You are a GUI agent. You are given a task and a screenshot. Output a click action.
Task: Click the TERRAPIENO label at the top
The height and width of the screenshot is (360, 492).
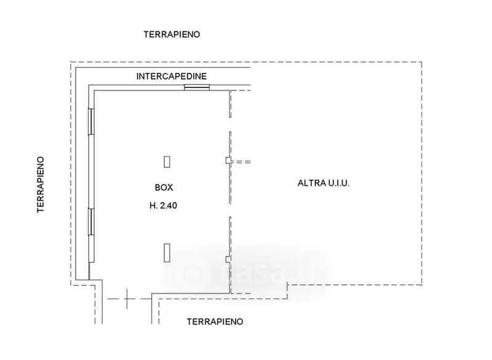(172, 34)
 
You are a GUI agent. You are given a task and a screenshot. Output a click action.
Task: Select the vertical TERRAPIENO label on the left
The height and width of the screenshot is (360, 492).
(41, 183)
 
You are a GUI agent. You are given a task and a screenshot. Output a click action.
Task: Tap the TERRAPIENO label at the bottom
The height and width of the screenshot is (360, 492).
(215, 321)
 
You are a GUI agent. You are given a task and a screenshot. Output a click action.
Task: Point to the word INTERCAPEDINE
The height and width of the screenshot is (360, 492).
(172, 76)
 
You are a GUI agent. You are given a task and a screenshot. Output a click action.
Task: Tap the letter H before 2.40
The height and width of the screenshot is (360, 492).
(153, 207)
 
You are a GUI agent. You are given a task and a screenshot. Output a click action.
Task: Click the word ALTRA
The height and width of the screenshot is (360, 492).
(311, 183)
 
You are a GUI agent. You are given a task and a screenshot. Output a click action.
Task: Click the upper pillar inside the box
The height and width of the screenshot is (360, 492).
(167, 162)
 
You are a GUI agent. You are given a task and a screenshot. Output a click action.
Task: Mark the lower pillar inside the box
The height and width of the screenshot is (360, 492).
(167, 253)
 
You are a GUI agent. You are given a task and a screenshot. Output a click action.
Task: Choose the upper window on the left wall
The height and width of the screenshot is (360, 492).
(91, 121)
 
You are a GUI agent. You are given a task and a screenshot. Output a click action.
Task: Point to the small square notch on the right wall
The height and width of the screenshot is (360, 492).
(228, 161)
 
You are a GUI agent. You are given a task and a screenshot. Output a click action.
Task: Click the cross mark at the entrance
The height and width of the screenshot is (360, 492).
(127, 299)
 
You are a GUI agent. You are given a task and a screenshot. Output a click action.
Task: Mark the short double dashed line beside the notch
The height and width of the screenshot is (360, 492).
(244, 161)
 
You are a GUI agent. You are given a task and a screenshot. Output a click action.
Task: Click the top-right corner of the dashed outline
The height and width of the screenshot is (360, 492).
(422, 62)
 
